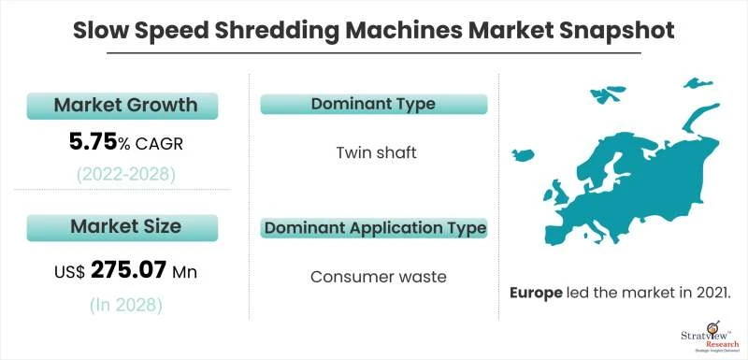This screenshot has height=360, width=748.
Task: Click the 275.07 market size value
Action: point(130,271)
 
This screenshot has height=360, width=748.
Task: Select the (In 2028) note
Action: point(124,305)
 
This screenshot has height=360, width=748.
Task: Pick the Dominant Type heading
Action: point(373,104)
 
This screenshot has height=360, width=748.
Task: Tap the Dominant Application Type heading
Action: point(374,227)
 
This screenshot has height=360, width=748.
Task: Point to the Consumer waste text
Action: point(373,276)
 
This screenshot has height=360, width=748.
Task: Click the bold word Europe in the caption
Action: point(536,293)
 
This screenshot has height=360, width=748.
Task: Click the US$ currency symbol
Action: point(68,272)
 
